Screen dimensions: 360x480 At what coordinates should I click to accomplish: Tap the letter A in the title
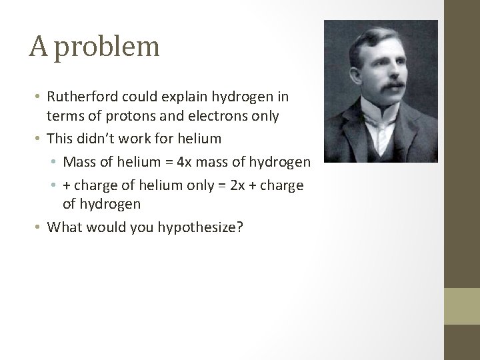38,47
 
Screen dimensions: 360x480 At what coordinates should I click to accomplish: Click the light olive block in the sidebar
463,306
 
